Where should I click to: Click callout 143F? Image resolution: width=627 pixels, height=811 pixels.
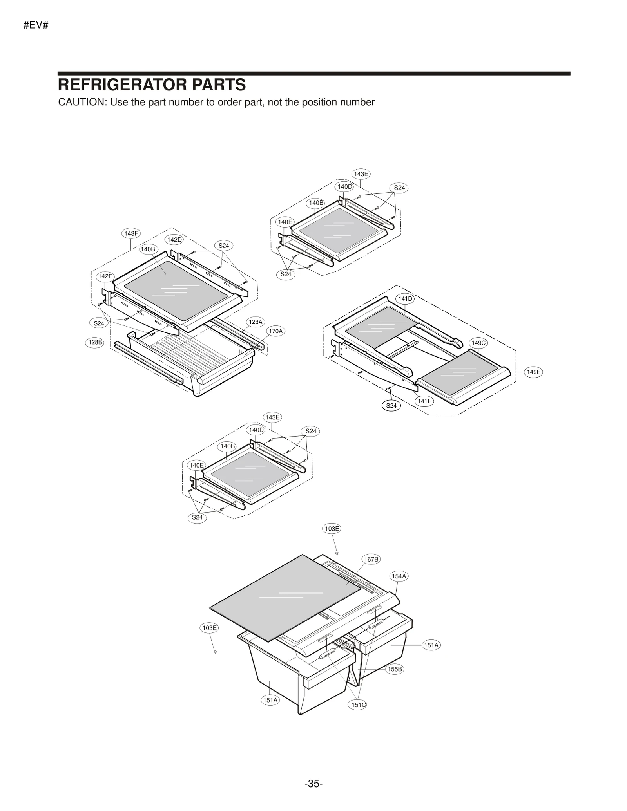point(131,234)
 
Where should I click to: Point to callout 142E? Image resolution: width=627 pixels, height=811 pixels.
point(105,276)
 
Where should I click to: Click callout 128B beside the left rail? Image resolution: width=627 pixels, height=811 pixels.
point(95,342)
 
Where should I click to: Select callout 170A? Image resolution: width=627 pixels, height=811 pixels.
point(275,331)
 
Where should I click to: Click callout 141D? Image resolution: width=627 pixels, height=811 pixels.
point(405,299)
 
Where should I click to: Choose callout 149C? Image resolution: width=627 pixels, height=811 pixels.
point(478,343)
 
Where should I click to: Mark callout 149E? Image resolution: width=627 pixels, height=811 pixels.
point(533,372)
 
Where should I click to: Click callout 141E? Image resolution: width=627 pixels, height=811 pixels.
point(424,401)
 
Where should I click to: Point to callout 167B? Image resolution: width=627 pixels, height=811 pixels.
point(371,559)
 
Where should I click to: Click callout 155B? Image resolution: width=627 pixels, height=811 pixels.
point(395,669)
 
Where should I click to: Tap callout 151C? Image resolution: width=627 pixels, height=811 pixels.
point(358,705)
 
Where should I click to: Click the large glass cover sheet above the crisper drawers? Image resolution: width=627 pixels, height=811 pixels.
point(282,599)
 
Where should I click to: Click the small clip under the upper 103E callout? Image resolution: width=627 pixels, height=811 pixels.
point(337,553)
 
